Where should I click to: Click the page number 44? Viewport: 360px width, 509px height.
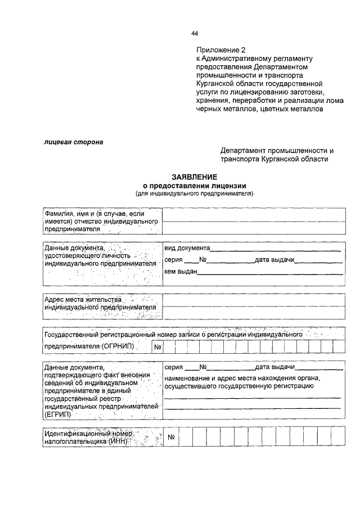[x=195, y=33]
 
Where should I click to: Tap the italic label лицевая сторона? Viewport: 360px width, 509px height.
[x=74, y=142]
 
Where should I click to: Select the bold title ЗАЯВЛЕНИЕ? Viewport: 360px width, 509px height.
[x=195, y=177]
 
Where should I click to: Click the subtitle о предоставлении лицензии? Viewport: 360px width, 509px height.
[x=195, y=186]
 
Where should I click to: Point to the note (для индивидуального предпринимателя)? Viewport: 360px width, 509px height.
[x=195, y=194]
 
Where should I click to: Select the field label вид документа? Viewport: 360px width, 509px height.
[x=187, y=247]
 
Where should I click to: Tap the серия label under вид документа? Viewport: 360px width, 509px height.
[x=174, y=260]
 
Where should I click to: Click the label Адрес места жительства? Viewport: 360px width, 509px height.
[x=83, y=300]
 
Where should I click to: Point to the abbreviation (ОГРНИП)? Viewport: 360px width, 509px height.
[x=119, y=346]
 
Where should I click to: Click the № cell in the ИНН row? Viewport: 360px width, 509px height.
[x=172, y=437]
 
